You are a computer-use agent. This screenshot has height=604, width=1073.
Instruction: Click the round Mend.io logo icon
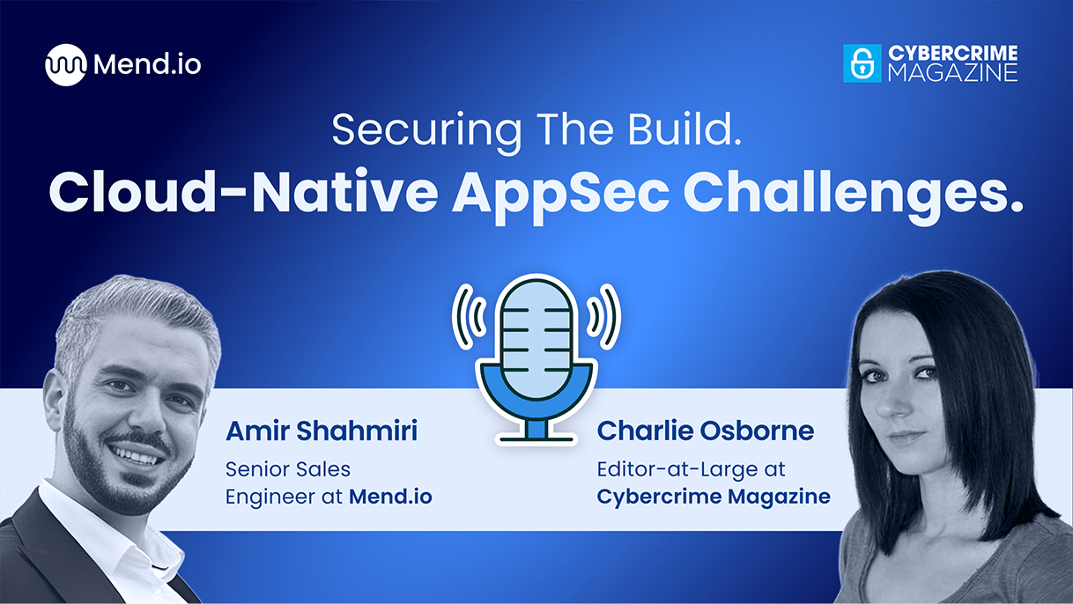(66, 65)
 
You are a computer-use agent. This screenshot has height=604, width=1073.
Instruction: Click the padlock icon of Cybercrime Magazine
(862, 63)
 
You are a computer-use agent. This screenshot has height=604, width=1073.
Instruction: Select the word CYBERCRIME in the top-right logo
(951, 54)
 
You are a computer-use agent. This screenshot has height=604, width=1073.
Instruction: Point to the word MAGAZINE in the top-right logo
(951, 73)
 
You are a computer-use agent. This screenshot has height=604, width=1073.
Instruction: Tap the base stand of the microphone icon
(536, 431)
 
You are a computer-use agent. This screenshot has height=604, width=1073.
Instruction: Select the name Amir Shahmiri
(321, 431)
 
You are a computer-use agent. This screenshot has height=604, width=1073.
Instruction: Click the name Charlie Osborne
(705, 431)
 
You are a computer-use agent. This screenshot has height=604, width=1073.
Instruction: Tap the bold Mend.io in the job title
(390, 497)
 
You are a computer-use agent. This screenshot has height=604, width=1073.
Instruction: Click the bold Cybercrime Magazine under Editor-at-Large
(714, 497)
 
